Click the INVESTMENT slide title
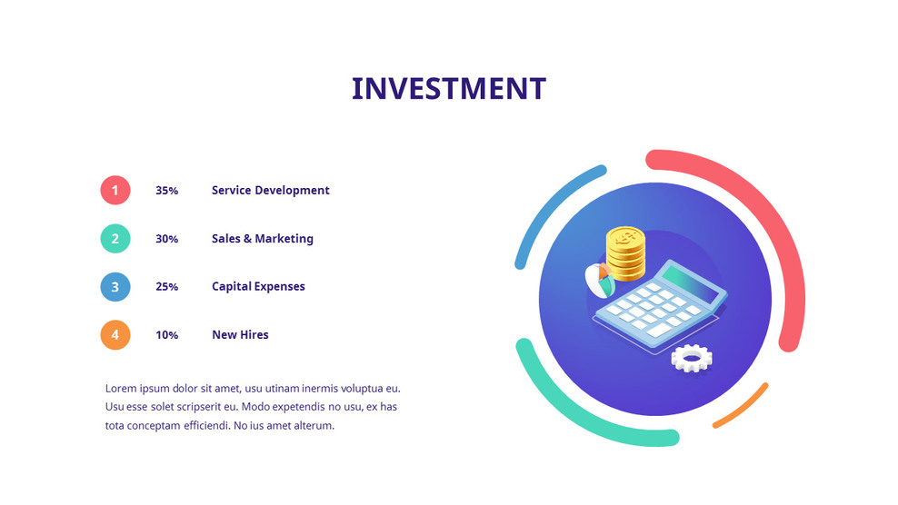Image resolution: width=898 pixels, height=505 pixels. click(448, 89)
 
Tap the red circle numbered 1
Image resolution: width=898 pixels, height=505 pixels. click(115, 191)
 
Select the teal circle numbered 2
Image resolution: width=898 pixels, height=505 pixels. click(115, 239)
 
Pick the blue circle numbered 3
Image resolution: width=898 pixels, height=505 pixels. click(115, 287)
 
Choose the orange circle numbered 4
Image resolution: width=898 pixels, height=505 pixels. click(115, 335)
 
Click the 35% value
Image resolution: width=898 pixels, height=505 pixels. click(166, 191)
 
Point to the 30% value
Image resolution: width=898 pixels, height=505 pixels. click(166, 239)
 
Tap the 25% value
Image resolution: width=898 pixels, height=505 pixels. click(166, 287)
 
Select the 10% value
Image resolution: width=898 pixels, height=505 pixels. click(166, 335)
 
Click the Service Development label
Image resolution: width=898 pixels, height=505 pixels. click(270, 191)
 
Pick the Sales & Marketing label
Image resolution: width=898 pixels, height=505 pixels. click(262, 239)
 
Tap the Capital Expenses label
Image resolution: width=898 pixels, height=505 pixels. click(258, 287)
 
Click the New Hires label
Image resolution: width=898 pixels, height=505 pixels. click(240, 335)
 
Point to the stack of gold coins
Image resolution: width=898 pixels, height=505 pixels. click(625, 253)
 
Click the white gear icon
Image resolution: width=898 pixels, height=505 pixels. click(691, 359)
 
